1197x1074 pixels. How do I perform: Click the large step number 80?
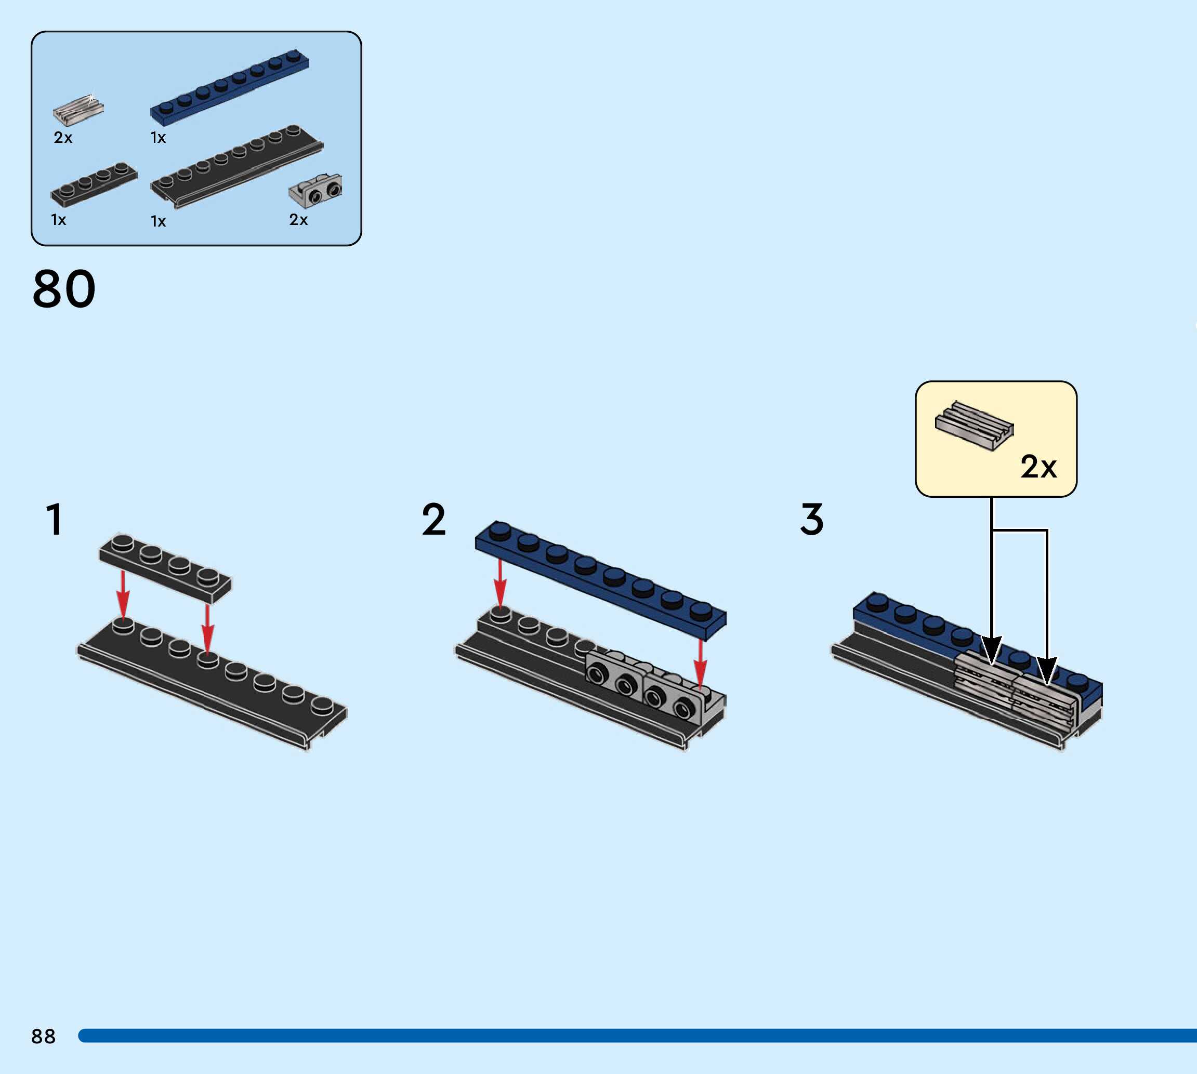pyautogui.click(x=64, y=288)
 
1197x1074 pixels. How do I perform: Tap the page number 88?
pyautogui.click(x=43, y=1036)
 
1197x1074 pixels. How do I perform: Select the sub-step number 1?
pyautogui.click(x=54, y=519)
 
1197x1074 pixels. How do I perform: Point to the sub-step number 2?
pyautogui.click(x=434, y=519)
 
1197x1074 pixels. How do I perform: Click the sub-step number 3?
pyautogui.click(x=811, y=519)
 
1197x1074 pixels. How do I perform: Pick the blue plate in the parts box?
pyautogui.click(x=230, y=87)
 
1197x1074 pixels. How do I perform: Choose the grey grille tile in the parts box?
pyautogui.click(x=78, y=110)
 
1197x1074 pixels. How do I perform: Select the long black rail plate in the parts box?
pyautogui.click(x=236, y=167)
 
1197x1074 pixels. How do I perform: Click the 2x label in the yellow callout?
pyautogui.click(x=1038, y=467)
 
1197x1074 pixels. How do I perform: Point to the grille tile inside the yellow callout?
pyautogui.click(x=974, y=426)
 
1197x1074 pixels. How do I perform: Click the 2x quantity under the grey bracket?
pyautogui.click(x=298, y=219)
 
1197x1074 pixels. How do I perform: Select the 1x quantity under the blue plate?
pyautogui.click(x=158, y=138)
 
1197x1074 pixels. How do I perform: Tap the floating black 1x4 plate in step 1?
pyautogui.click(x=165, y=568)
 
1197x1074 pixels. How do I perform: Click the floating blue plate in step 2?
pyautogui.click(x=601, y=581)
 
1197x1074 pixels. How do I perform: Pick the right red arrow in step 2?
pyautogui.click(x=700, y=664)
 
